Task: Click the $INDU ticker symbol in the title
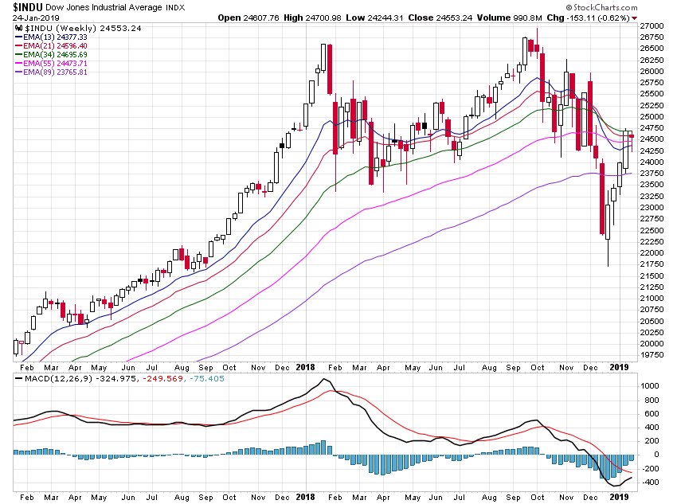click(x=28, y=6)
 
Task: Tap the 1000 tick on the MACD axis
click(x=652, y=385)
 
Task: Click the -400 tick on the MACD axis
click(x=652, y=483)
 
